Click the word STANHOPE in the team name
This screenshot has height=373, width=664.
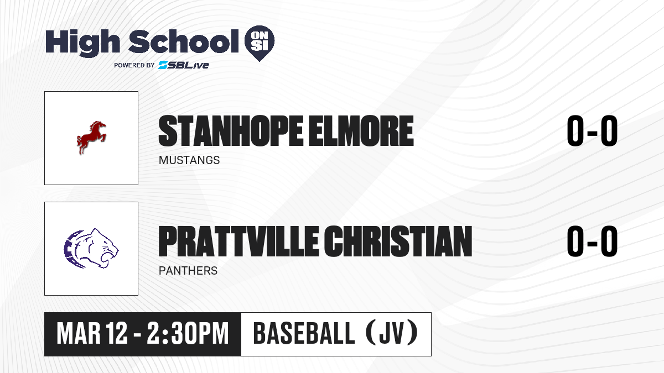point(231,131)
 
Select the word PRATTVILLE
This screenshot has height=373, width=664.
point(238,241)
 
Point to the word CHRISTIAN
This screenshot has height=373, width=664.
point(398,241)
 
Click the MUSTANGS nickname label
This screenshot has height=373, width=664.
point(189,160)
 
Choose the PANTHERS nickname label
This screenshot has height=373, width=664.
point(188,271)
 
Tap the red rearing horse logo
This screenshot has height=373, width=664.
point(91,138)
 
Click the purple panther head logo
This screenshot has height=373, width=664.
point(91,248)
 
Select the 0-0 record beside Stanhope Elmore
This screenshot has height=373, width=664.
point(592,131)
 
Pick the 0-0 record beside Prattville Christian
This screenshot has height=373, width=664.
point(592,241)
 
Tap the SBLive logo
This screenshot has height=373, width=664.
point(184,65)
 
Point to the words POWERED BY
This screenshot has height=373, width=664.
point(134,65)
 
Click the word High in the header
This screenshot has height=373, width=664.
point(82,43)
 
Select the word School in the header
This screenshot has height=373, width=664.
point(184,41)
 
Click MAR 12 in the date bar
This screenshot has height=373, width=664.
point(92,333)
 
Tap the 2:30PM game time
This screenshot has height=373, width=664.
point(188,333)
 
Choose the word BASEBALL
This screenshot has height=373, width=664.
point(304,333)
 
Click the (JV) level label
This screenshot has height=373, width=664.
point(392,333)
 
